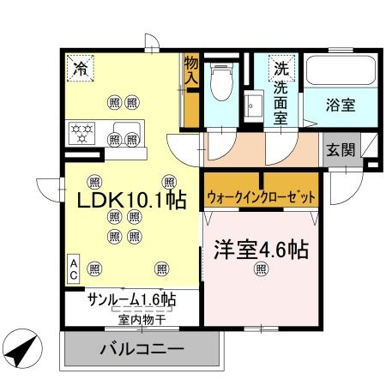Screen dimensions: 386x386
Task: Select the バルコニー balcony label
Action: click(x=142, y=351)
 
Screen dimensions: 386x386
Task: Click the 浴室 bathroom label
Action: click(x=341, y=106)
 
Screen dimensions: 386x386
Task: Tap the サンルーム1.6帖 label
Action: click(x=131, y=299)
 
